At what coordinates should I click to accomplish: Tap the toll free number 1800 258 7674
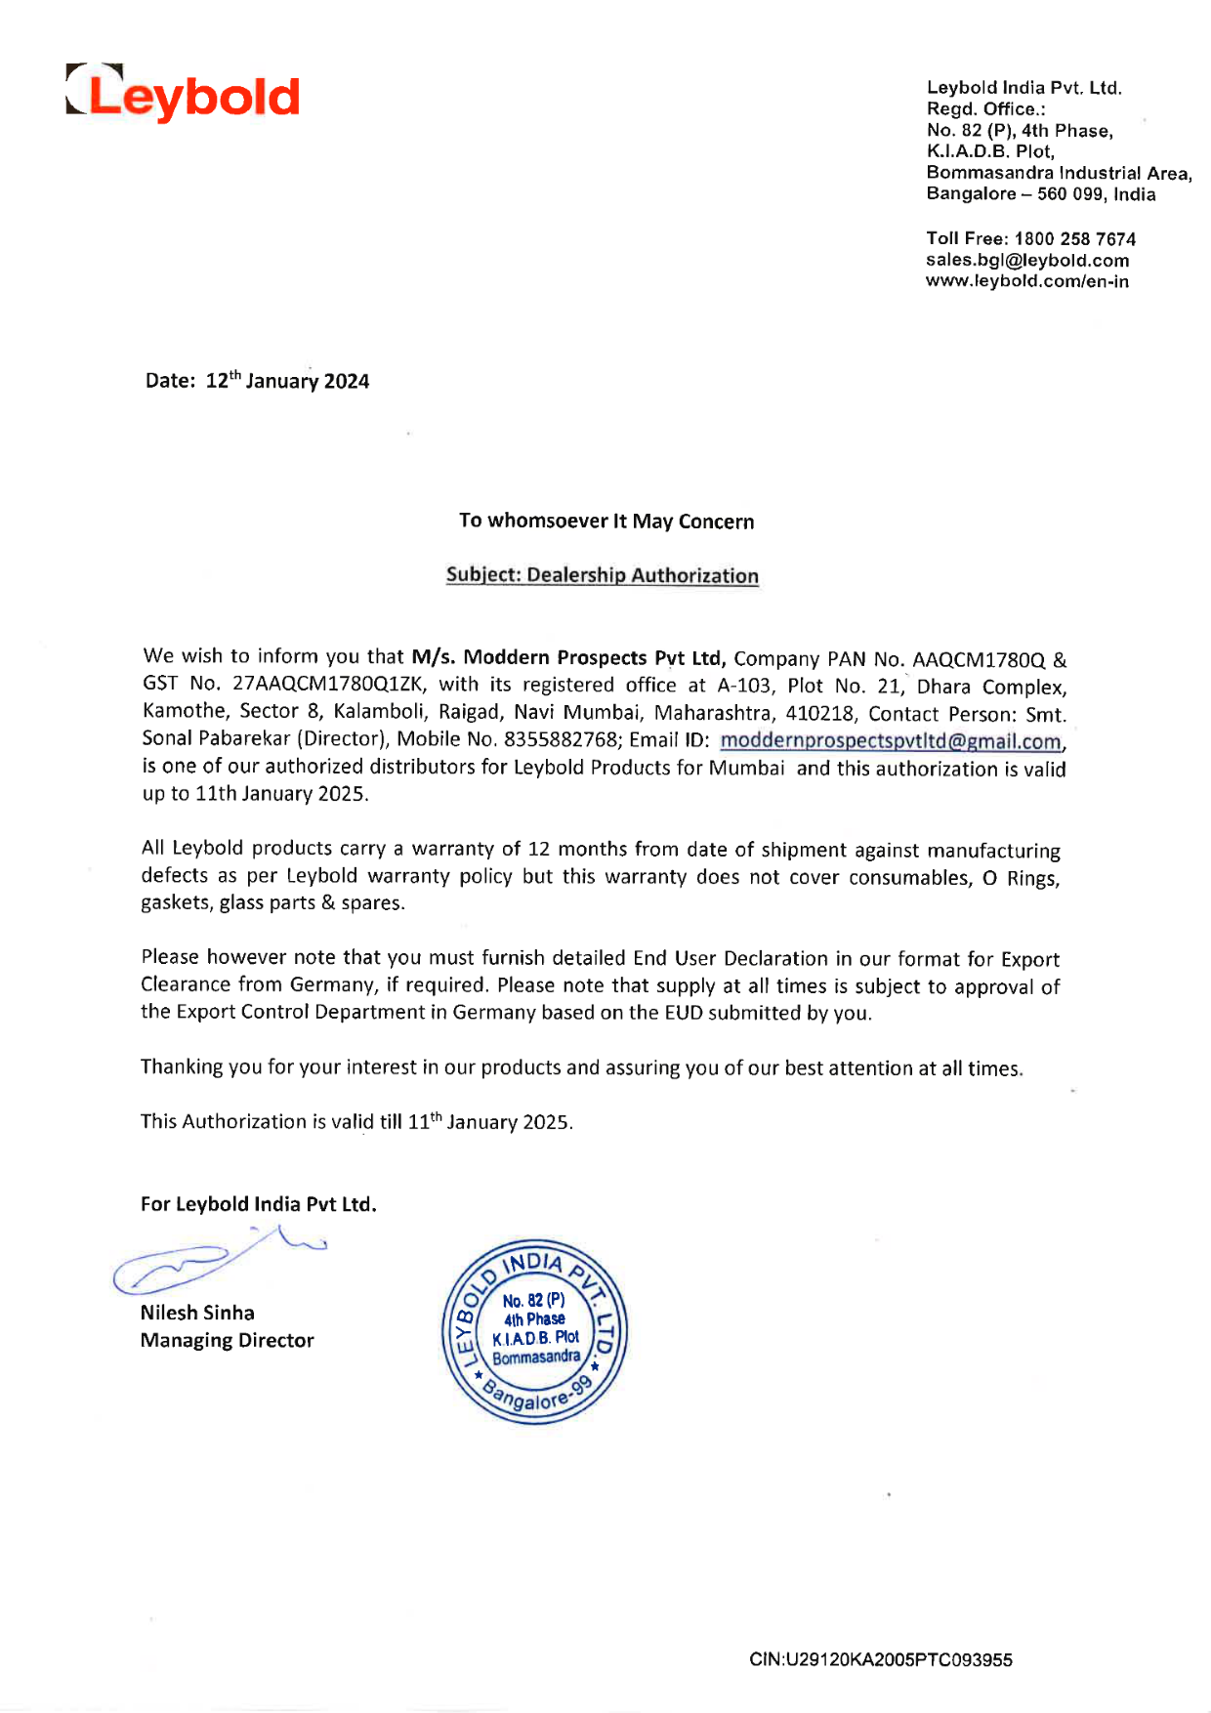[1074, 239]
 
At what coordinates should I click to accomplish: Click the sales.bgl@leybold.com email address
[1027, 261]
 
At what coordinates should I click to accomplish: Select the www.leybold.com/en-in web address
[1027, 282]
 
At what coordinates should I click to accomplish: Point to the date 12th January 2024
[287, 381]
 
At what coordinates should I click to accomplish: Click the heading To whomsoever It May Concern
[606, 522]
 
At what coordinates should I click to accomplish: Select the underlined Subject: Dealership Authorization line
[603, 575]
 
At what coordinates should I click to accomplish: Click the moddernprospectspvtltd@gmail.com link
[890, 741]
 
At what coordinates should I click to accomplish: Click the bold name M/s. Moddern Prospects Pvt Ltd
[568, 658]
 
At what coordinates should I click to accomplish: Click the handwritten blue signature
[215, 1260]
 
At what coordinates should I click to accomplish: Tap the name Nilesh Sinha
[197, 1313]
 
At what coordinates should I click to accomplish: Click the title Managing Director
[227, 1340]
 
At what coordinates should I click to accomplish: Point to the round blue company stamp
[534, 1332]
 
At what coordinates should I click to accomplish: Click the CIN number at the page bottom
[881, 1659]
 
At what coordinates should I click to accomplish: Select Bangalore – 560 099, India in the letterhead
[1041, 194]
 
